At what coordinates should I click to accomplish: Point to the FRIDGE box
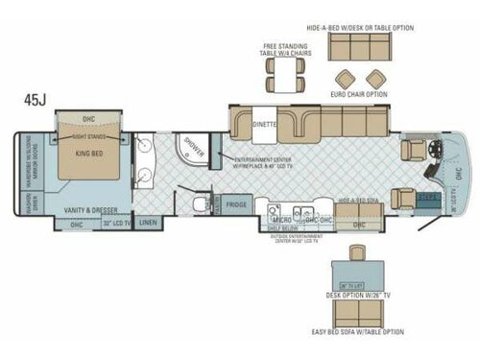[235, 204]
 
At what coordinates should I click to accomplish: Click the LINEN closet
[147, 223]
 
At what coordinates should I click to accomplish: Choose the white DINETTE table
[265, 125]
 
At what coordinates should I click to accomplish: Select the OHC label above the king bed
[88, 119]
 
